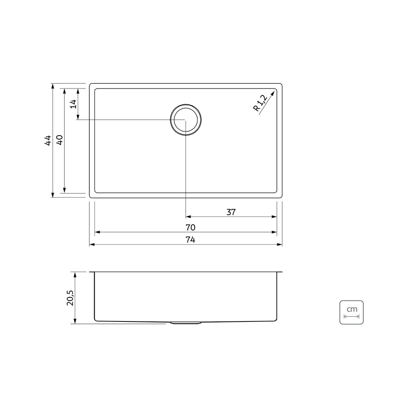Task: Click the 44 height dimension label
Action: (48, 140)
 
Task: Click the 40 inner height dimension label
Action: (59, 140)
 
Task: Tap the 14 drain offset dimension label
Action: (72, 104)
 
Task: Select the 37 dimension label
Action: (231, 212)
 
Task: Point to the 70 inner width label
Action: (190, 227)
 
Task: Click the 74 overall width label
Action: (190, 240)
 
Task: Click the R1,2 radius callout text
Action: (260, 102)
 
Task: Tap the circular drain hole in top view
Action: (185, 120)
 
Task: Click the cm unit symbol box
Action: (351, 312)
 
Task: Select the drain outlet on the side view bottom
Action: (185, 323)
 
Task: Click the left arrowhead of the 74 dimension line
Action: (92, 245)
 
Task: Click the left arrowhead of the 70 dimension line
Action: (97, 232)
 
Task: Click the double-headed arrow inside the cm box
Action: (351, 316)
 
